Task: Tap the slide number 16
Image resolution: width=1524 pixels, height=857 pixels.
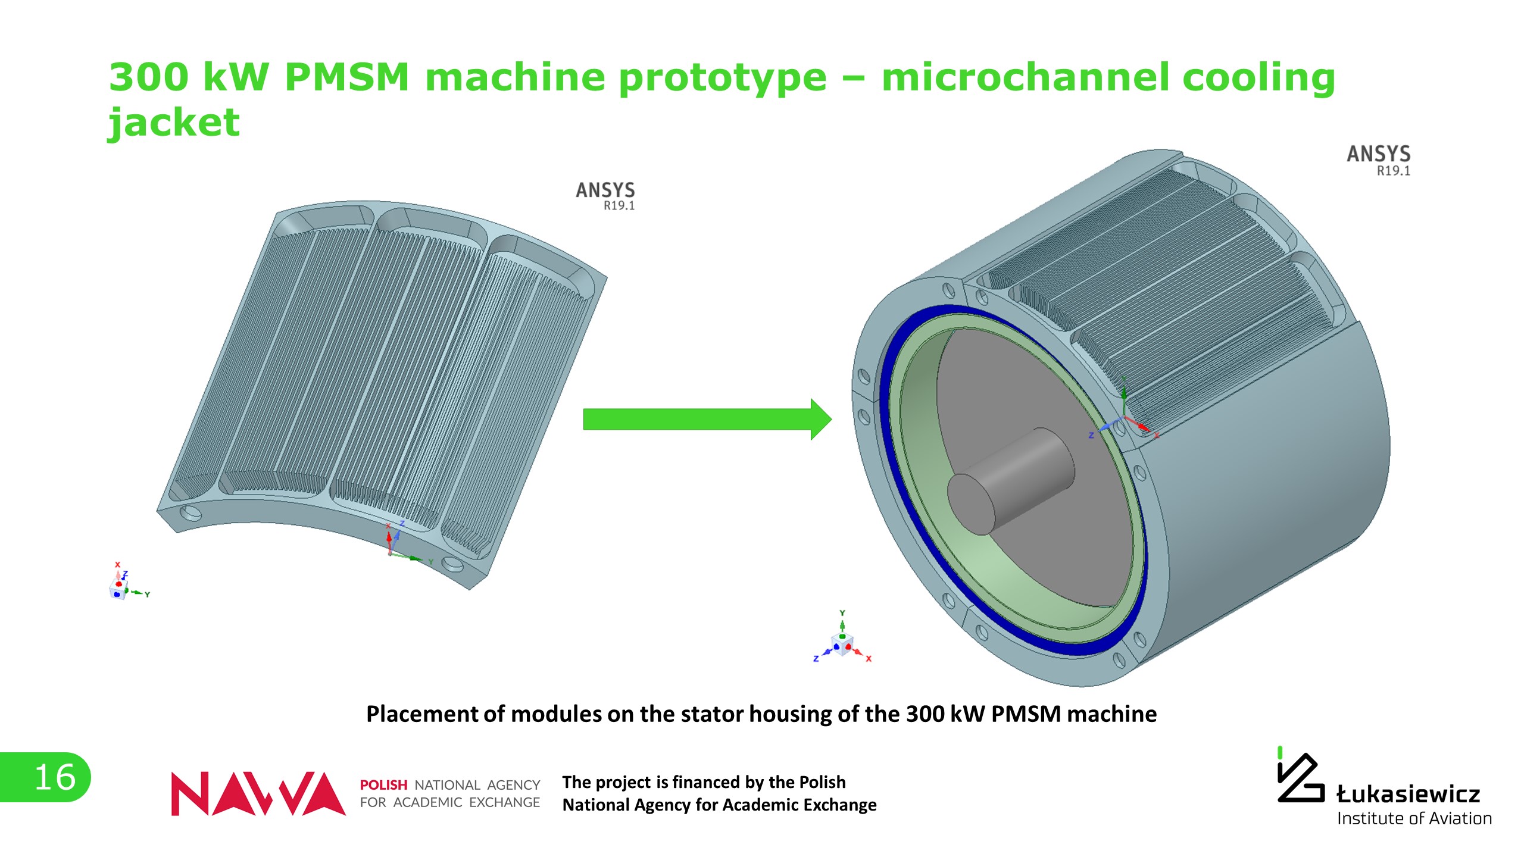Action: click(55, 777)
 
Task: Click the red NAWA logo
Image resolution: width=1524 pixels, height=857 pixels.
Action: click(257, 793)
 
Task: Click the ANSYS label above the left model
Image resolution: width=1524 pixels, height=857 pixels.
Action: click(605, 190)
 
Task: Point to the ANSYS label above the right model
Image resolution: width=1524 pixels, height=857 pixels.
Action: click(1378, 154)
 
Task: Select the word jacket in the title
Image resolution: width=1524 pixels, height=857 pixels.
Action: click(173, 123)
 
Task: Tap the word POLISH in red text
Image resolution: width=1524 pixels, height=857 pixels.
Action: click(383, 785)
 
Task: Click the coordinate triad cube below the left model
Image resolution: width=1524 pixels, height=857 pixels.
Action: click(118, 589)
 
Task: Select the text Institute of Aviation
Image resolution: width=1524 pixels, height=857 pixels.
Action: click(1414, 819)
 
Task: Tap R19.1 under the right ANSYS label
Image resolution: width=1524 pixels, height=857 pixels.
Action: click(1393, 171)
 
